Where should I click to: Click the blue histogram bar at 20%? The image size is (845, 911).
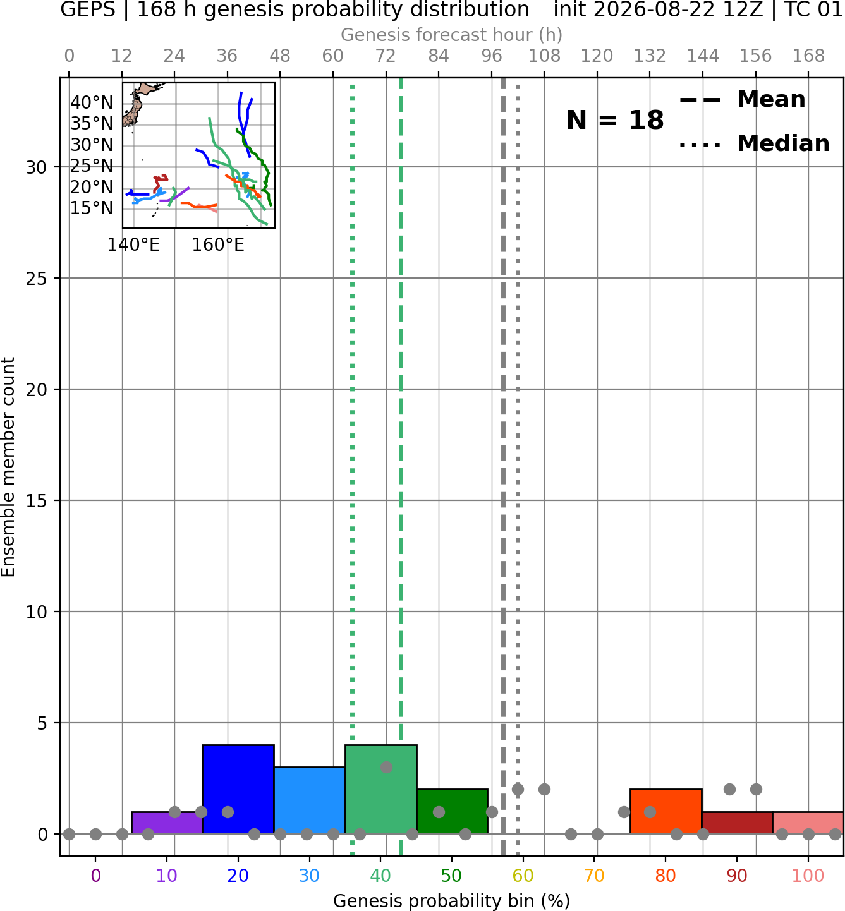tap(238, 790)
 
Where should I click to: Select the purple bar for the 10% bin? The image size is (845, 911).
tap(167, 823)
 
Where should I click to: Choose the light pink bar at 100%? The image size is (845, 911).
tap(808, 823)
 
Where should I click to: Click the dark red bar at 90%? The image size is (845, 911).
tap(737, 823)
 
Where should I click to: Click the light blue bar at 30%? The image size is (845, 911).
tap(309, 800)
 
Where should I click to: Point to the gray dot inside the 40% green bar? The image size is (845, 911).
tap(386, 767)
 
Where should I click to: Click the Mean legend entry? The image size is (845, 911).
tap(742, 99)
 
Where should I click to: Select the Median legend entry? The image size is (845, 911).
tap(754, 143)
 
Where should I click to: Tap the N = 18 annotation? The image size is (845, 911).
tap(615, 120)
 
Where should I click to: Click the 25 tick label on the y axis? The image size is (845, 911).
tap(36, 279)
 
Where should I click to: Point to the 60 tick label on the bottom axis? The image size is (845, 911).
tap(523, 876)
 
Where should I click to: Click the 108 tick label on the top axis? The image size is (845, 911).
tap(544, 56)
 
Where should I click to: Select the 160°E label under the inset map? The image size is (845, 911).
tap(218, 245)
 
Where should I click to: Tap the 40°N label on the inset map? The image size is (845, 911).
tap(92, 103)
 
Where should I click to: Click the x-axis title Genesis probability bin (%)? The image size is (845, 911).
tap(452, 901)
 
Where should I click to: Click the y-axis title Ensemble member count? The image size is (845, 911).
tap(8, 467)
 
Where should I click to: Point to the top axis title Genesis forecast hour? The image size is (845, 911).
tap(452, 35)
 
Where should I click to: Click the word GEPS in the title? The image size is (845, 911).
tap(88, 9)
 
